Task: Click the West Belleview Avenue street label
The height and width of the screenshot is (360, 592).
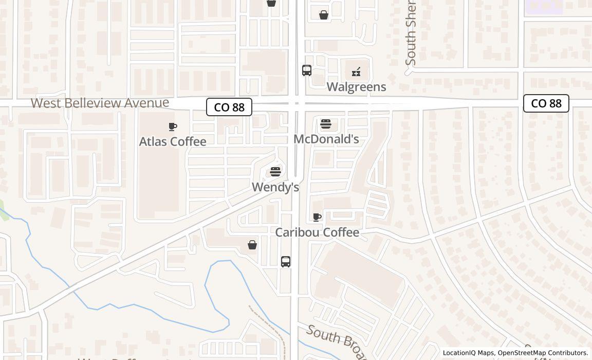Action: pyautogui.click(x=100, y=103)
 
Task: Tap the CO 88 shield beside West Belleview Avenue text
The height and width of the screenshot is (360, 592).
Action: pyautogui.click(x=229, y=107)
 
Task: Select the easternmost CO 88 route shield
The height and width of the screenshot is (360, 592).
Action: pyautogui.click(x=546, y=103)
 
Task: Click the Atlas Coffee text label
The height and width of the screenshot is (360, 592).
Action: pyautogui.click(x=173, y=141)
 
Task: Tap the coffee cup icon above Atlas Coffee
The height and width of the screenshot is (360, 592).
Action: pyautogui.click(x=173, y=127)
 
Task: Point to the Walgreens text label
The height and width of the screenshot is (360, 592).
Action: pyautogui.click(x=356, y=87)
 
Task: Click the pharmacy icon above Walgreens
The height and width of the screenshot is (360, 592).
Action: pyautogui.click(x=356, y=72)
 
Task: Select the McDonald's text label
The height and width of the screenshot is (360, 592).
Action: pyautogui.click(x=326, y=139)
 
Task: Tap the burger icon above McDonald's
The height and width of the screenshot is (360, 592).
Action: pyautogui.click(x=326, y=124)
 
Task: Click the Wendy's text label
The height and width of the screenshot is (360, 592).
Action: pyautogui.click(x=275, y=187)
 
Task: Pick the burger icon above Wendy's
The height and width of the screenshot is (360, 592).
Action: pyautogui.click(x=275, y=171)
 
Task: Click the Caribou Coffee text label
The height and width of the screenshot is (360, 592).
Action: pyautogui.click(x=317, y=232)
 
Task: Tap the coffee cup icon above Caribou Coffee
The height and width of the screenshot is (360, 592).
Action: pyautogui.click(x=317, y=218)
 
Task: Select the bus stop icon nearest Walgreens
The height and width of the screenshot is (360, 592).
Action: pyautogui.click(x=307, y=70)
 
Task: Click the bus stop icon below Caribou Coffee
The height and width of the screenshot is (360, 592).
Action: pyautogui.click(x=286, y=261)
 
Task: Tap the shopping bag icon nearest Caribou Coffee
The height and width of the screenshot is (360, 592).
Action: pyautogui.click(x=252, y=245)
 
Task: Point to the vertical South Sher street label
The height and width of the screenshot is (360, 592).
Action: pyautogui.click(x=410, y=33)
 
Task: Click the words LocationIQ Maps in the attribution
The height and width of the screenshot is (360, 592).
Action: pyautogui.click(x=469, y=353)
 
